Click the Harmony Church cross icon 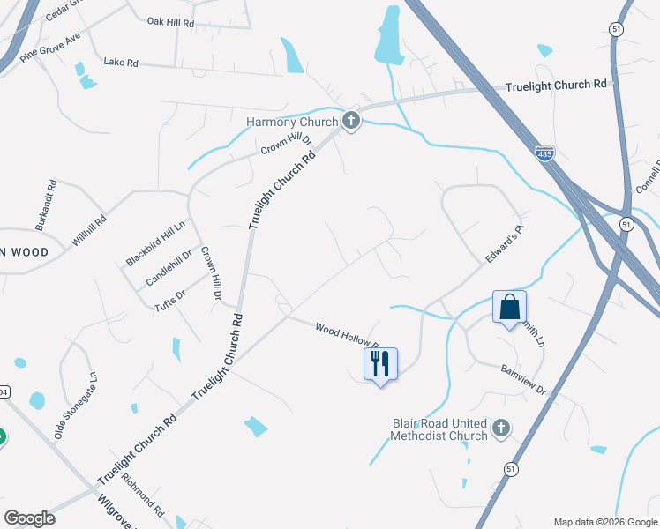tap(351, 121)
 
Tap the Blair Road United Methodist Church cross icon tap(501, 428)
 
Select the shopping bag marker tap(510, 308)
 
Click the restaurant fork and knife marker tap(380, 364)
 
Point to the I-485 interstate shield tap(545, 154)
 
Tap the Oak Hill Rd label tap(170, 22)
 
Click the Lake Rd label tap(121, 63)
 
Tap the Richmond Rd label tap(144, 495)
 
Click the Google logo tap(29, 518)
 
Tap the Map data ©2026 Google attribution tap(604, 522)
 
